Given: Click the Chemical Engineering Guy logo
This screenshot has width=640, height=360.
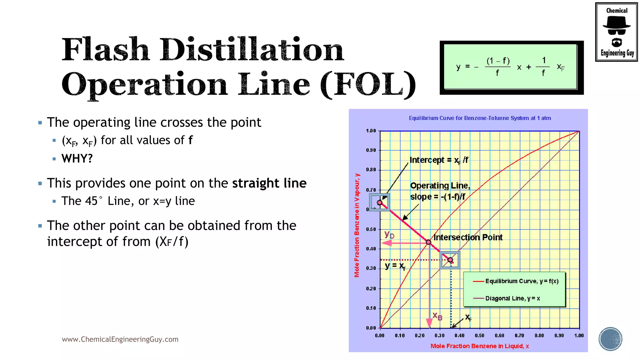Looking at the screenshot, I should (616, 32).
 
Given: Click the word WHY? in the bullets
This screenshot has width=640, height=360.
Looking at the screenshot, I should (77, 158).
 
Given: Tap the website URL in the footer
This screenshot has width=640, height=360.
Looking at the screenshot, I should (120, 339).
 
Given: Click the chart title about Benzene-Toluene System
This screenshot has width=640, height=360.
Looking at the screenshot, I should (480, 118).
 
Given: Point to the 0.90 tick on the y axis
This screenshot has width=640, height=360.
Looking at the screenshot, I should (371, 150).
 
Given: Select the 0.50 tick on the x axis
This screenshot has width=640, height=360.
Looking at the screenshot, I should (479, 336).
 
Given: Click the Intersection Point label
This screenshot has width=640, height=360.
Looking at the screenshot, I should (468, 237).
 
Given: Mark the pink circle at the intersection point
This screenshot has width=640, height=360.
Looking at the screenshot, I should (428, 242).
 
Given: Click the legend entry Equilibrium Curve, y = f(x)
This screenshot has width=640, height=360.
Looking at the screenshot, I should (521, 281).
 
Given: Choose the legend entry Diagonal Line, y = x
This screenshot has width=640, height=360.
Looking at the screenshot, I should (512, 298).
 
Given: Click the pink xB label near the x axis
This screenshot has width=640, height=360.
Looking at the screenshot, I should (437, 316).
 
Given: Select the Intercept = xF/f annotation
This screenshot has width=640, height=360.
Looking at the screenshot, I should (439, 160).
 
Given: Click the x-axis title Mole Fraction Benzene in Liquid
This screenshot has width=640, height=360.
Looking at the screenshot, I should (479, 346).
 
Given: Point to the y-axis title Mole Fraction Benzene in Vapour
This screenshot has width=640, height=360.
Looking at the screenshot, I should (357, 225).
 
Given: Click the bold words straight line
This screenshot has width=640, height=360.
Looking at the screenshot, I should (269, 183).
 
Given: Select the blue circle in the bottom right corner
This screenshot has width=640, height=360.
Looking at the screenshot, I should (610, 339).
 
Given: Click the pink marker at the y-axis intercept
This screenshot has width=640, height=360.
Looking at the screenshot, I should (380, 202).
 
